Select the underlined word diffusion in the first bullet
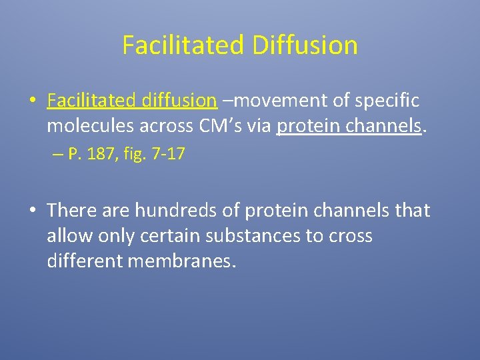pyautogui.click(x=179, y=101)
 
